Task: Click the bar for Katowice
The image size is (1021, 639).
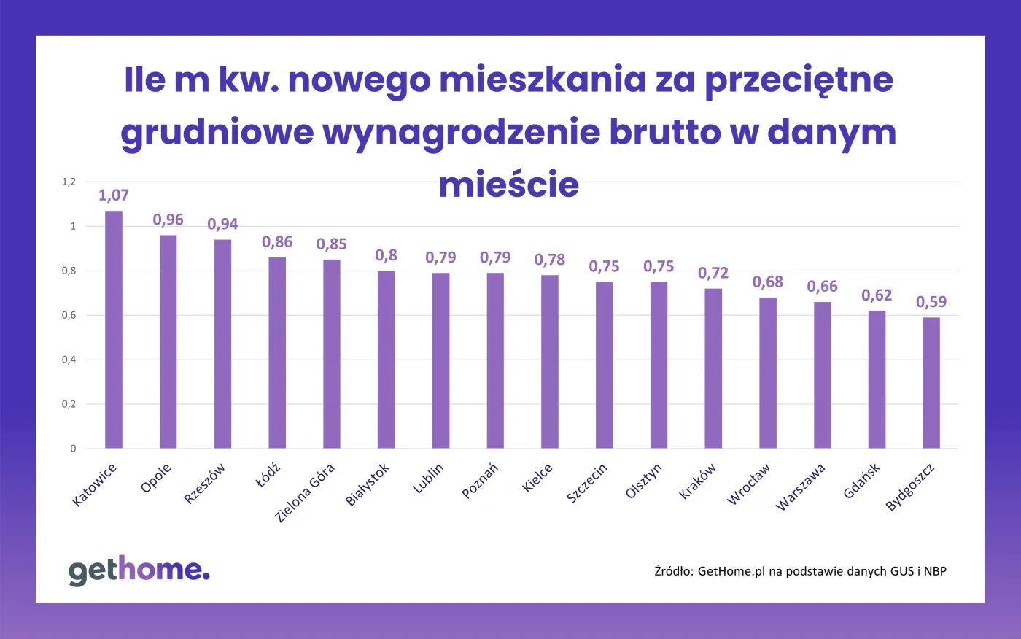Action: point(114,330)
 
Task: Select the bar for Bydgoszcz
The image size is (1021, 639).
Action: point(931,383)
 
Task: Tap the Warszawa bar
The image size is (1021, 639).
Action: point(823,375)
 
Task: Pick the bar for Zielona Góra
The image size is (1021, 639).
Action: point(332,354)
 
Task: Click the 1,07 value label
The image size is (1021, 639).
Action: point(114,195)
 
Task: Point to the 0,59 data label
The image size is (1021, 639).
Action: point(931,302)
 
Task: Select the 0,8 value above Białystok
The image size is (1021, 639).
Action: point(386,255)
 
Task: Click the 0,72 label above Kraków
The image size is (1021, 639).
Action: point(713,274)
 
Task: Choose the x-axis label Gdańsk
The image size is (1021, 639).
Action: point(862,481)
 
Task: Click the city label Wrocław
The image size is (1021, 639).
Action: point(749,485)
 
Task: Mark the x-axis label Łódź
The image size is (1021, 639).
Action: point(268,476)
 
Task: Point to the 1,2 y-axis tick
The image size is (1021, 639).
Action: point(69,182)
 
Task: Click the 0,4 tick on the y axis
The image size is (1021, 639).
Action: point(69,360)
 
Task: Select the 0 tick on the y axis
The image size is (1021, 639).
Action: point(73,449)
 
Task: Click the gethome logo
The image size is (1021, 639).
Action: point(139,570)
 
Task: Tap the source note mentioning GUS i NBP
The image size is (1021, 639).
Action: point(800,571)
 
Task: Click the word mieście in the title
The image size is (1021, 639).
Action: point(508,185)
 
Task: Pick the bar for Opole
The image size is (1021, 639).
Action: point(168,341)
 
